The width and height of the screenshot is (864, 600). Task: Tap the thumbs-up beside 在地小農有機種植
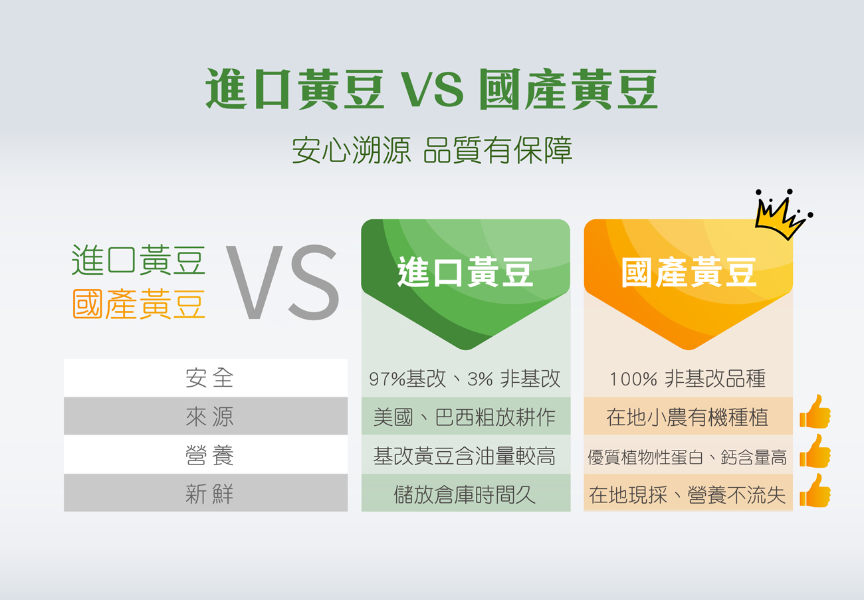(x=815, y=412)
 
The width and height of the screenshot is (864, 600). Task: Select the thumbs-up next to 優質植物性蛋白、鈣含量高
(x=815, y=451)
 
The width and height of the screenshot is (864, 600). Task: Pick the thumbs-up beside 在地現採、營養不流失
(x=815, y=490)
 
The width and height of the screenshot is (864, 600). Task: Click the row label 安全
(x=209, y=378)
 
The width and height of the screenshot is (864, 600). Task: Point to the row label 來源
(x=209, y=417)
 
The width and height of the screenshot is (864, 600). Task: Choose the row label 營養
(x=209, y=455)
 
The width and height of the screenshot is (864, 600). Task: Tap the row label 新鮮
(x=209, y=494)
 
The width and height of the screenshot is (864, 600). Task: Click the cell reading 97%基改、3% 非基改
(x=465, y=378)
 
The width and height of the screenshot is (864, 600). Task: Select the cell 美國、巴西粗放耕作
(x=465, y=417)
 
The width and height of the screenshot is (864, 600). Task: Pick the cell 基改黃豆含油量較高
(x=465, y=456)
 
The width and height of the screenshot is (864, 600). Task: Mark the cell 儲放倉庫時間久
(x=465, y=494)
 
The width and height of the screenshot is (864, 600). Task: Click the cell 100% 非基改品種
(x=688, y=378)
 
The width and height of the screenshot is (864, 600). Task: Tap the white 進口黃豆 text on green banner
(x=465, y=272)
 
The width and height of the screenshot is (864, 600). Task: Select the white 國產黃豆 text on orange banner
(x=689, y=272)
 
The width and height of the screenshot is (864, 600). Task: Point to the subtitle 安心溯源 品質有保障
(x=432, y=150)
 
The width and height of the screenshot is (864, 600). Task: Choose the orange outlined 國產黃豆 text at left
(x=139, y=304)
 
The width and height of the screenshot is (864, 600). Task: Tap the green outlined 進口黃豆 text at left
(x=139, y=260)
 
